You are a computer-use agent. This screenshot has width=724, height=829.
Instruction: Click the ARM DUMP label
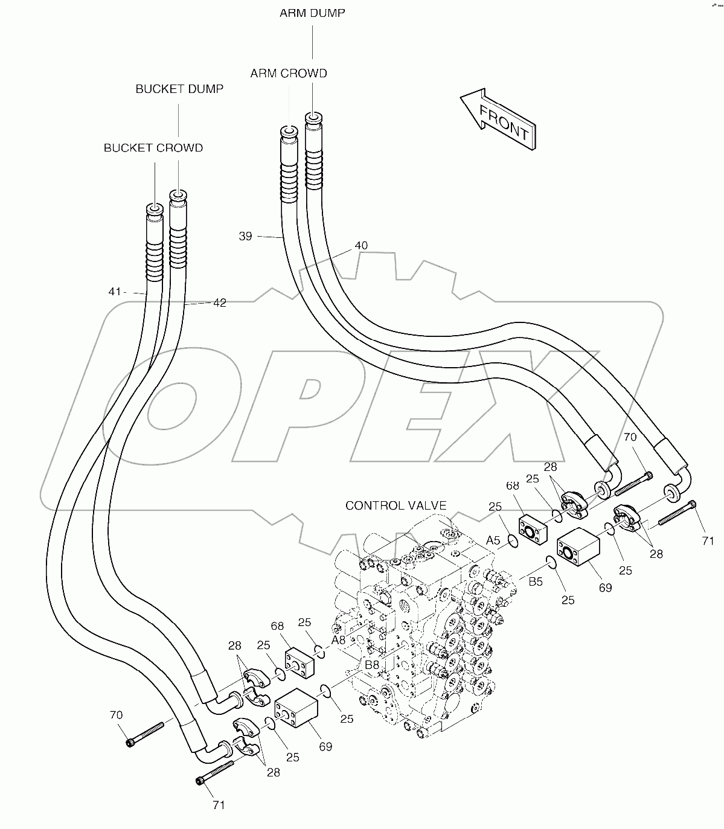click(312, 13)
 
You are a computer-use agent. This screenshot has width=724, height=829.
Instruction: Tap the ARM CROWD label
click(289, 73)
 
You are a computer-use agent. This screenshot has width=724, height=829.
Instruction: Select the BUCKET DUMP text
click(179, 89)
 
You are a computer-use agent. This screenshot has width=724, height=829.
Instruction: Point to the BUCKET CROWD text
click(153, 148)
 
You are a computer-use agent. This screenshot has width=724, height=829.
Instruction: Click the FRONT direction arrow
click(498, 119)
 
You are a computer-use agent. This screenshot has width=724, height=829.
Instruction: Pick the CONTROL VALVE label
click(396, 505)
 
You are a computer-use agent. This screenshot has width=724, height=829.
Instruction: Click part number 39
click(246, 236)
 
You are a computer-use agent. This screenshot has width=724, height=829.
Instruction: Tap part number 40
click(361, 246)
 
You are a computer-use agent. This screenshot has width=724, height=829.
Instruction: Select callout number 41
click(115, 291)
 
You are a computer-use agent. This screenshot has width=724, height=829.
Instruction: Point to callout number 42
click(220, 302)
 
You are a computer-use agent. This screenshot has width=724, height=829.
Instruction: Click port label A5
click(493, 540)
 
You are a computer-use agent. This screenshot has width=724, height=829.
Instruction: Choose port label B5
click(536, 581)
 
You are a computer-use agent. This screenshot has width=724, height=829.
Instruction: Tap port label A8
click(338, 640)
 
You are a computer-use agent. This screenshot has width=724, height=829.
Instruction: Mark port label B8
click(372, 665)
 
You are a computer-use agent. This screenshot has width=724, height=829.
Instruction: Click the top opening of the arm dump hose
click(313, 118)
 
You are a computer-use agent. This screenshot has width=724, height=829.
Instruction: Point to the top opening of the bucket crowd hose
click(155, 209)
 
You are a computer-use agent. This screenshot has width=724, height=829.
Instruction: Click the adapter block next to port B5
click(578, 546)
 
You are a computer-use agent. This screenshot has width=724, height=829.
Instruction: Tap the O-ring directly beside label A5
click(513, 541)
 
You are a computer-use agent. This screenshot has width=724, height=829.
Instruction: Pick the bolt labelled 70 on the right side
click(633, 484)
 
